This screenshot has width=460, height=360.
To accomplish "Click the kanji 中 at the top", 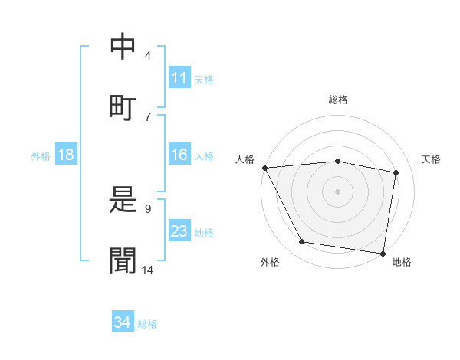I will (x=123, y=47).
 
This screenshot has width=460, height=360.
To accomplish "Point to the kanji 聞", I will (x=123, y=260).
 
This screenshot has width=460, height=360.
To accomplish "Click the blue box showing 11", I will (x=179, y=78).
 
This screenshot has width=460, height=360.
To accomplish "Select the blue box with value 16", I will (x=179, y=155).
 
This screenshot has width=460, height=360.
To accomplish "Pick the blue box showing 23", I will (x=179, y=231).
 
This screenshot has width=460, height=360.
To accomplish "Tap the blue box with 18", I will (x=66, y=155).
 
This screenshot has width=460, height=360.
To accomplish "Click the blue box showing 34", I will (x=123, y=322).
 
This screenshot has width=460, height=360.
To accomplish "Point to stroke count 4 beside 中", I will (x=148, y=56).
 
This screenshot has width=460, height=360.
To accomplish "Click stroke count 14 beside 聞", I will (x=149, y=270).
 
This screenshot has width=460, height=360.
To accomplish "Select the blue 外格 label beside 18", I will (x=41, y=155).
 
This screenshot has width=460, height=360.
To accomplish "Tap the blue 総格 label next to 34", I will (x=147, y=323).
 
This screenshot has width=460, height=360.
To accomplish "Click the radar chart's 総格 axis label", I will (x=338, y=100).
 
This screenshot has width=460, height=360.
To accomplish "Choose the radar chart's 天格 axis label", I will (x=432, y=159).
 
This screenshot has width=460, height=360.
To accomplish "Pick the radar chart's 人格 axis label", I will (x=245, y=159).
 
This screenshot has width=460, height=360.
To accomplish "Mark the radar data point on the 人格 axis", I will (x=264, y=168).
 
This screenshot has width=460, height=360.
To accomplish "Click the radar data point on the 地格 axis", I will (x=383, y=253).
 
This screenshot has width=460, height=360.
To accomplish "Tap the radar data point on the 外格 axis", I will (x=302, y=242).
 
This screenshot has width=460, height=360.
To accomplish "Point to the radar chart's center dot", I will (x=338, y=191).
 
